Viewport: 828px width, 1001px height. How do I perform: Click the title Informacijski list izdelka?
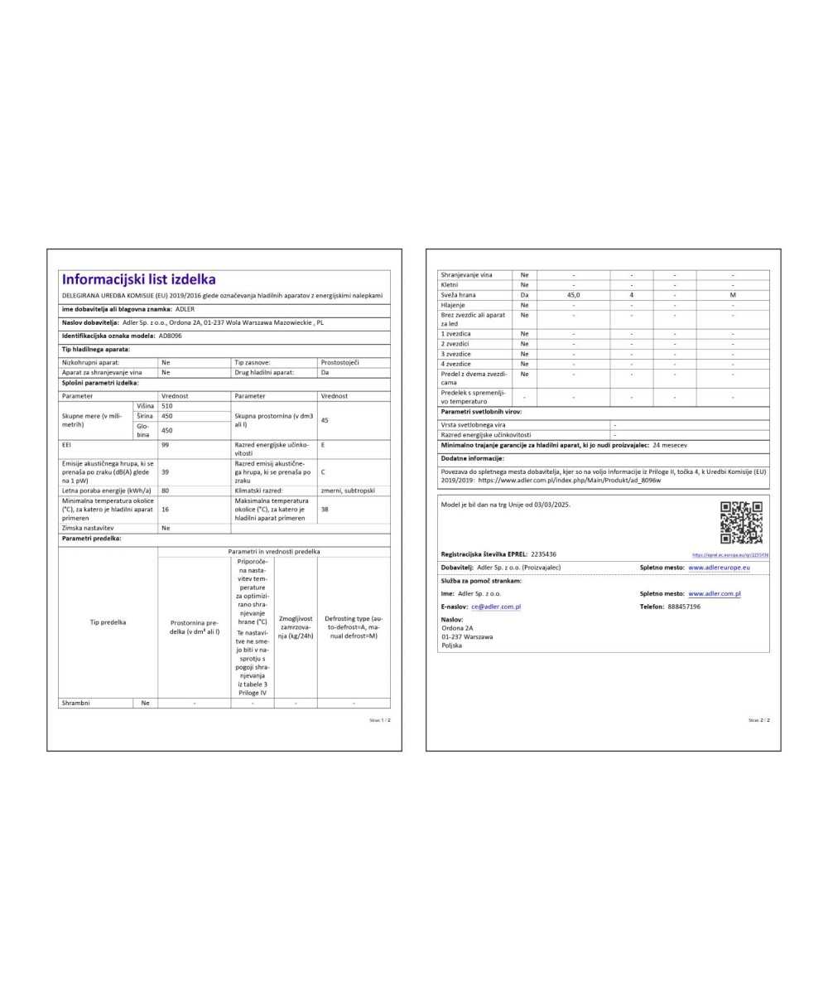point(138,280)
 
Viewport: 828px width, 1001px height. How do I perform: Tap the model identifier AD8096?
point(170,336)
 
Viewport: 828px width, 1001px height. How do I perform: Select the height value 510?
point(167,406)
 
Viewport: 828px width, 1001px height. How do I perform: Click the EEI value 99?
point(166,445)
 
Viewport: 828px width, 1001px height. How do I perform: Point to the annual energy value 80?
point(166,491)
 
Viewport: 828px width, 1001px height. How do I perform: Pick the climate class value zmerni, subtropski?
point(348,491)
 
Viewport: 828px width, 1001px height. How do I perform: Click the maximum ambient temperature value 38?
point(325,509)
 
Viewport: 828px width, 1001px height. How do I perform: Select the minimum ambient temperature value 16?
point(166,509)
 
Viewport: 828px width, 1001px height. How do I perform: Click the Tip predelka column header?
point(108,621)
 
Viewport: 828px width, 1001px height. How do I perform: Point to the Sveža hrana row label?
point(458,294)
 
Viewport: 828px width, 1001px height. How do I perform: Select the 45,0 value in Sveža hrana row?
point(573,294)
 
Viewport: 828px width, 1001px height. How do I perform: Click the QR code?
point(741,522)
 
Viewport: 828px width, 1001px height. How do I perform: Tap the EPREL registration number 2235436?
point(543,554)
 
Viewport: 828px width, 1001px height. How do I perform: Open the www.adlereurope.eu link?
point(719,568)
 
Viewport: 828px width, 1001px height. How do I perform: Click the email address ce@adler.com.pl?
point(496,607)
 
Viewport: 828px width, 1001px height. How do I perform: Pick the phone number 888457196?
point(684,607)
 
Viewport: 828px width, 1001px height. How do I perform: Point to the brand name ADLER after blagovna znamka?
point(185,308)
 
